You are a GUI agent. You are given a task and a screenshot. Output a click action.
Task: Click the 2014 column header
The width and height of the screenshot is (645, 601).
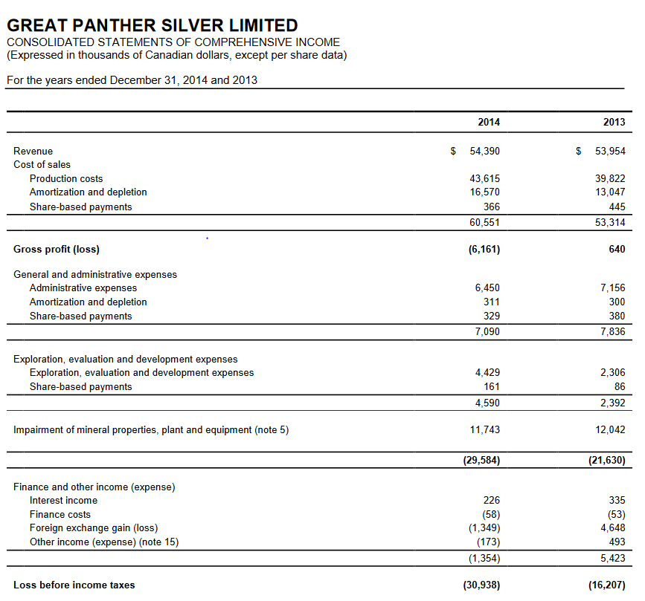pyautogui.click(x=488, y=122)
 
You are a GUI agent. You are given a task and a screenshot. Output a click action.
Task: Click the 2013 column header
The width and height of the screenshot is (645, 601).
pyautogui.click(x=614, y=122)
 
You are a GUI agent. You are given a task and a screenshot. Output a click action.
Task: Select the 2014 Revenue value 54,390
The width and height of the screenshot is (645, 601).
pyautogui.click(x=485, y=151)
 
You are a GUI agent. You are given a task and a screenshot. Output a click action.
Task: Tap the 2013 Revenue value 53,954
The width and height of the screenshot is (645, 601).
pyautogui.click(x=611, y=151)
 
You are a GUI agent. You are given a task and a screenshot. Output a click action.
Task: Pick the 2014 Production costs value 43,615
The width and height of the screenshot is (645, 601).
pyautogui.click(x=485, y=178)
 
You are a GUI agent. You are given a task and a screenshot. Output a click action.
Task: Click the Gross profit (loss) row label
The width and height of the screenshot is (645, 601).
pyautogui.click(x=57, y=249)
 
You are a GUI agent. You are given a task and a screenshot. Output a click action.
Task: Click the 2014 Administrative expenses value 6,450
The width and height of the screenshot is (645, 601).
pyautogui.click(x=487, y=287)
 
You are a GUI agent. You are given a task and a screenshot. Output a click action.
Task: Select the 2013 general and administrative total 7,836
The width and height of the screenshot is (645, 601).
pyautogui.click(x=613, y=331)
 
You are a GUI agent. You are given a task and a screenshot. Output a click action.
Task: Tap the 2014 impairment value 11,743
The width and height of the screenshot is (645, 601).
pyautogui.click(x=485, y=429)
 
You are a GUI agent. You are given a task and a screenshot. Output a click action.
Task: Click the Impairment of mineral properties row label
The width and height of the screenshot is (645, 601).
pyautogui.click(x=151, y=429)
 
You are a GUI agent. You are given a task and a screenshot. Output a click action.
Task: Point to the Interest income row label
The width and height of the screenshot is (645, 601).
pyautogui.click(x=63, y=500)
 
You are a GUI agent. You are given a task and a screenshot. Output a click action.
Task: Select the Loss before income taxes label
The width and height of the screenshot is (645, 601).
pyautogui.click(x=74, y=585)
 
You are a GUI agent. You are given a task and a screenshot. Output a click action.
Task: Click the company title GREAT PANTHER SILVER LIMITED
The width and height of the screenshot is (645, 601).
pyautogui.click(x=152, y=26)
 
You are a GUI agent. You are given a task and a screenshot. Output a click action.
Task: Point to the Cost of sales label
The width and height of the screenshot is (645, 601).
pyautogui.click(x=42, y=164)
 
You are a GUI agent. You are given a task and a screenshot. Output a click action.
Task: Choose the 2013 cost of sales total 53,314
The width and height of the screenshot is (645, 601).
pyautogui.click(x=611, y=222)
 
